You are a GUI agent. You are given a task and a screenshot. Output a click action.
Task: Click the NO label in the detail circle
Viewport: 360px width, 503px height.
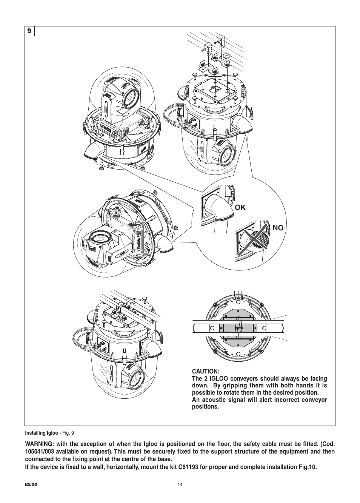278,228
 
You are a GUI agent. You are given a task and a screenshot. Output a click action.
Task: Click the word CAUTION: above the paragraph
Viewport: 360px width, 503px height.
206,371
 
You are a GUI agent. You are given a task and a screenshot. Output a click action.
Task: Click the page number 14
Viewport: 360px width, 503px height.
180,486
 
